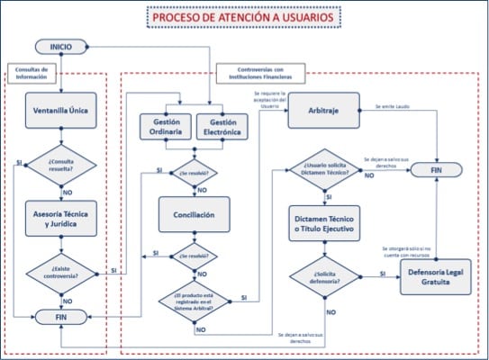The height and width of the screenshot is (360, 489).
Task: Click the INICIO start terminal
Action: point(62,46)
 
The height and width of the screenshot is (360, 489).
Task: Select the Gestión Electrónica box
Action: point(222,126)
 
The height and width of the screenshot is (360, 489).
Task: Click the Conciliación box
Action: point(195,214)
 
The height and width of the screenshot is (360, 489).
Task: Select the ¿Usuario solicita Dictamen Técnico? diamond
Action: point(324,170)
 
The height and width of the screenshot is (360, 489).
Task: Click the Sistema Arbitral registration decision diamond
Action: point(195,301)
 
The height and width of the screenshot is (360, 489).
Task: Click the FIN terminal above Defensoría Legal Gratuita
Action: point(436,169)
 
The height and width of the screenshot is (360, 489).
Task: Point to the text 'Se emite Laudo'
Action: point(394,107)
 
